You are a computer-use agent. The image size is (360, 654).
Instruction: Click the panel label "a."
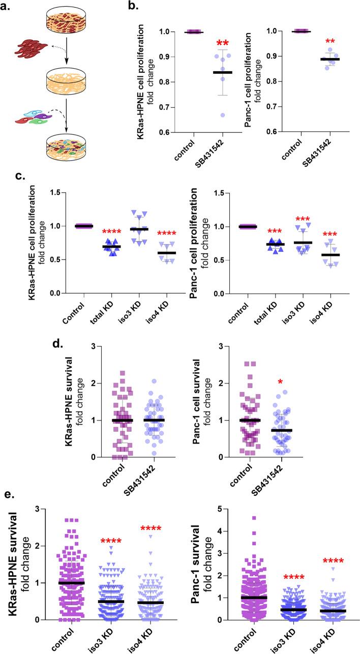[9, 7]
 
